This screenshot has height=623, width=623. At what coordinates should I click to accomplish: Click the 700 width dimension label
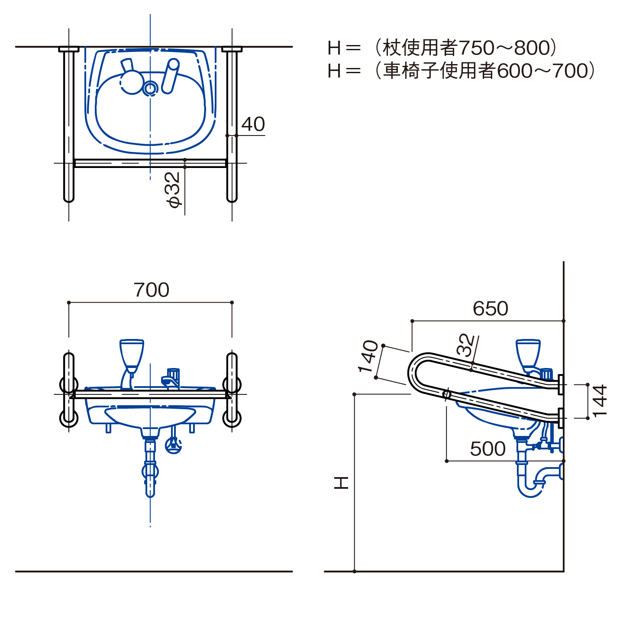(x=151, y=290)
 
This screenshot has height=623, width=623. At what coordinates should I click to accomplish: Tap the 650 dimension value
(x=490, y=308)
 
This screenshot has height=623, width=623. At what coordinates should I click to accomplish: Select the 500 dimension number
(x=487, y=449)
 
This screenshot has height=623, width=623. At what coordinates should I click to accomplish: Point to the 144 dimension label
(x=600, y=401)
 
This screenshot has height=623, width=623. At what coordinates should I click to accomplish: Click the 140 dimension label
(x=368, y=356)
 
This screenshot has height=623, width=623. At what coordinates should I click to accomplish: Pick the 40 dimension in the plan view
(x=253, y=124)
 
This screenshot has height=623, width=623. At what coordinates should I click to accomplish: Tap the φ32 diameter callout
(x=173, y=190)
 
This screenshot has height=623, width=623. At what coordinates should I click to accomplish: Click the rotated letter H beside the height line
(x=341, y=483)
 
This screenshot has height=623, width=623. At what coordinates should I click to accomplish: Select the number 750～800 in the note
(x=504, y=48)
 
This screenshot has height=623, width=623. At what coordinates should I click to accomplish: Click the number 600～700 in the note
(x=542, y=71)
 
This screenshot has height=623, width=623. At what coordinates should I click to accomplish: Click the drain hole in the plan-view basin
(x=150, y=88)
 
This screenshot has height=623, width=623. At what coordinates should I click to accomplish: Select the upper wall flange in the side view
(x=561, y=384)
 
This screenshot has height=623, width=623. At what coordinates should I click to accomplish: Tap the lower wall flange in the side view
(x=561, y=418)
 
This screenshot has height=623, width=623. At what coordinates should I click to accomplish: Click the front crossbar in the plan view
(x=150, y=163)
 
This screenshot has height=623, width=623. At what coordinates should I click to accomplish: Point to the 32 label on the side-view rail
(x=465, y=345)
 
